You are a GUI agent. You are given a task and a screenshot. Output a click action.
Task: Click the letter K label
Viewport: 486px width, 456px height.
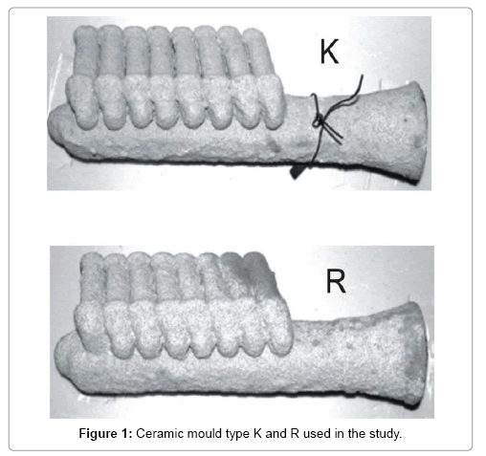[329, 52]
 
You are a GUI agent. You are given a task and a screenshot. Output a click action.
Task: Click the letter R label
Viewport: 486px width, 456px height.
[336, 281]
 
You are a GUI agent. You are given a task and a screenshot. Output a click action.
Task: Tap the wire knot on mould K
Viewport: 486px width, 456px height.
[319, 121]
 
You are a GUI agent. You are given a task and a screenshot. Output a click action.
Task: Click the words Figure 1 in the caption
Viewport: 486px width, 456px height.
[105, 434]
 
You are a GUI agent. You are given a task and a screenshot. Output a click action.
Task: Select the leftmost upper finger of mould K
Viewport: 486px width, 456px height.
[85, 51]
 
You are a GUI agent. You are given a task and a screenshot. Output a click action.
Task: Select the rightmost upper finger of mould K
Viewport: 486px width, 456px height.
[256, 53]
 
